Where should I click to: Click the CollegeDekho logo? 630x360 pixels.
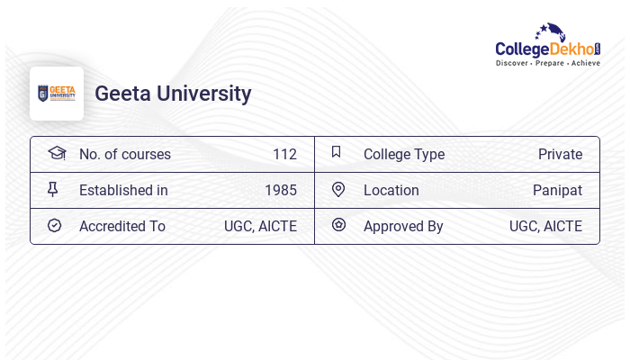pyautogui.click(x=548, y=45)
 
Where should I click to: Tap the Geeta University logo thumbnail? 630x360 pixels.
pyautogui.click(x=57, y=94)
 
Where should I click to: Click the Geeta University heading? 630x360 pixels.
pyautogui.click(x=173, y=94)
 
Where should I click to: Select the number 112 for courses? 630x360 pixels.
pyautogui.click(x=284, y=155)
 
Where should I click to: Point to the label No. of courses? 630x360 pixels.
pyautogui.click(x=125, y=155)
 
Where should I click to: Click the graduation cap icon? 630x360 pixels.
pyautogui.click(x=57, y=153)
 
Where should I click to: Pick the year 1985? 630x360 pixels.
pyautogui.click(x=281, y=191)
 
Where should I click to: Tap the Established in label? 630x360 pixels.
pyautogui.click(x=123, y=191)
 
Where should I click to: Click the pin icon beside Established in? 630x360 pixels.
pyautogui.click(x=53, y=190)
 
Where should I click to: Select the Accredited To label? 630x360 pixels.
pyautogui.click(x=122, y=227)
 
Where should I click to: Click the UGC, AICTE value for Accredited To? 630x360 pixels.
pyautogui.click(x=260, y=227)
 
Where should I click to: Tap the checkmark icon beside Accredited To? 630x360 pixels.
pyautogui.click(x=54, y=226)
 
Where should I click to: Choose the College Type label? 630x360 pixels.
pyautogui.click(x=404, y=155)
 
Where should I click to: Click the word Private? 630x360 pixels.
pyautogui.click(x=560, y=155)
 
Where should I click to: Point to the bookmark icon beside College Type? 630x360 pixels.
pyautogui.click(x=337, y=152)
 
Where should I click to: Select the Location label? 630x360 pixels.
pyautogui.click(x=391, y=191)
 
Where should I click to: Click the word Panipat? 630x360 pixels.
pyautogui.click(x=557, y=191)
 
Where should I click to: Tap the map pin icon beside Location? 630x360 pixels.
pyautogui.click(x=338, y=190)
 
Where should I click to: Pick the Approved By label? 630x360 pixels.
pyautogui.click(x=403, y=227)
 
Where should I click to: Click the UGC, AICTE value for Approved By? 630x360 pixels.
pyautogui.click(x=545, y=227)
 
